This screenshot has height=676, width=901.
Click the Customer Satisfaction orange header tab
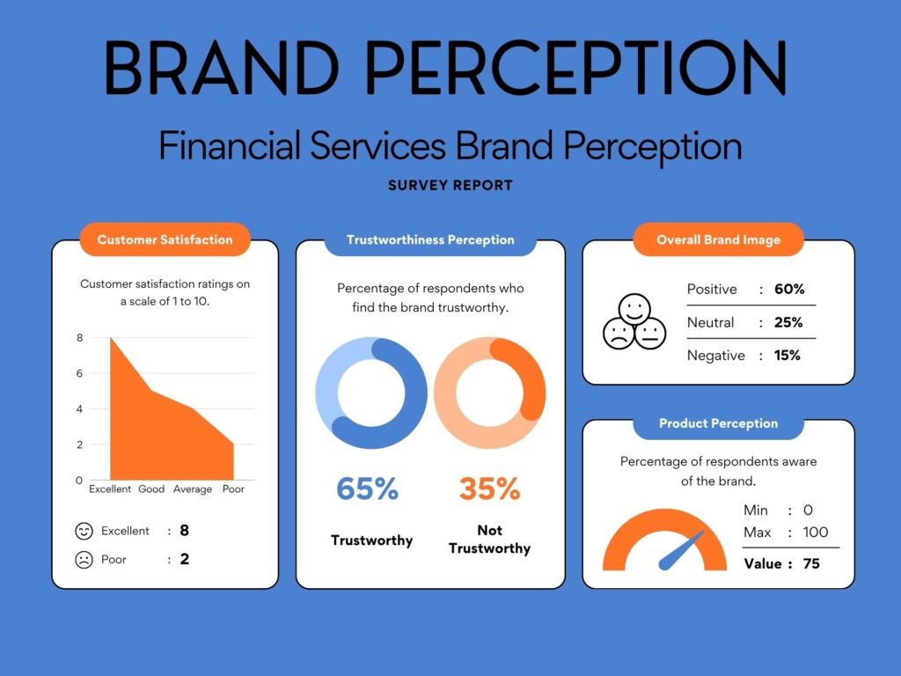165,239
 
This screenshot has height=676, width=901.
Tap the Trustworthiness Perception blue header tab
430,239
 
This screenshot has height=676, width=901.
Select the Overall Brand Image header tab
718,239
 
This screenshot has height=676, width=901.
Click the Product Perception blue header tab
718,423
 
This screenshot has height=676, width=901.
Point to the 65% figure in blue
367,489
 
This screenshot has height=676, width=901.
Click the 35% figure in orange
489,489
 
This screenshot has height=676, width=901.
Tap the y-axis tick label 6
79,373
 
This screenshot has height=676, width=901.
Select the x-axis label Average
193,489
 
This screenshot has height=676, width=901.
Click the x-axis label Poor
233,489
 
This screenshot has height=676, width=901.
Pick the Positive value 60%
789,289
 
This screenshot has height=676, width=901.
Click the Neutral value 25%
788,322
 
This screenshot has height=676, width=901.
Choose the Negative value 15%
787,356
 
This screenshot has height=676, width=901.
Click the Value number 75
810,563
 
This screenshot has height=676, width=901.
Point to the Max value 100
815,532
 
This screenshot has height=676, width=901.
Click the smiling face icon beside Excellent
84,531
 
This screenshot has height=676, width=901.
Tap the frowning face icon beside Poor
84,559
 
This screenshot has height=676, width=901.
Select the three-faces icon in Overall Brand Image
634,322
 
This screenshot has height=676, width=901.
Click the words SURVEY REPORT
450,186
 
